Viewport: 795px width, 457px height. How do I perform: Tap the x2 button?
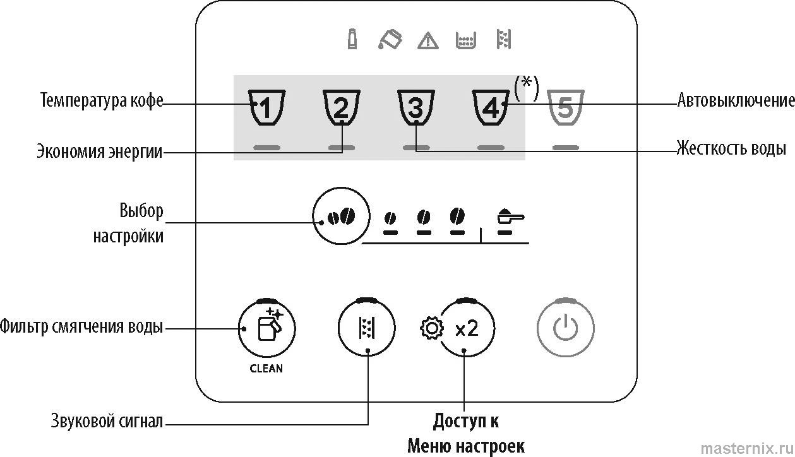[x=467, y=329]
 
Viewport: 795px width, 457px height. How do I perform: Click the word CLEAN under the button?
[x=266, y=368]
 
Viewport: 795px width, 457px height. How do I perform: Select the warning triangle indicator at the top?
[x=428, y=41]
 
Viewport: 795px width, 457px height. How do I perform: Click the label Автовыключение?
[x=736, y=100]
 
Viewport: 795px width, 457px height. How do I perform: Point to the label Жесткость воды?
[x=731, y=149]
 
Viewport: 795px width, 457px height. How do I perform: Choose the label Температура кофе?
[x=102, y=100]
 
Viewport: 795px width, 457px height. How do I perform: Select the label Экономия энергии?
[x=99, y=151]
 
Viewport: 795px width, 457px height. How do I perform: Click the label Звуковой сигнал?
[x=107, y=421]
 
